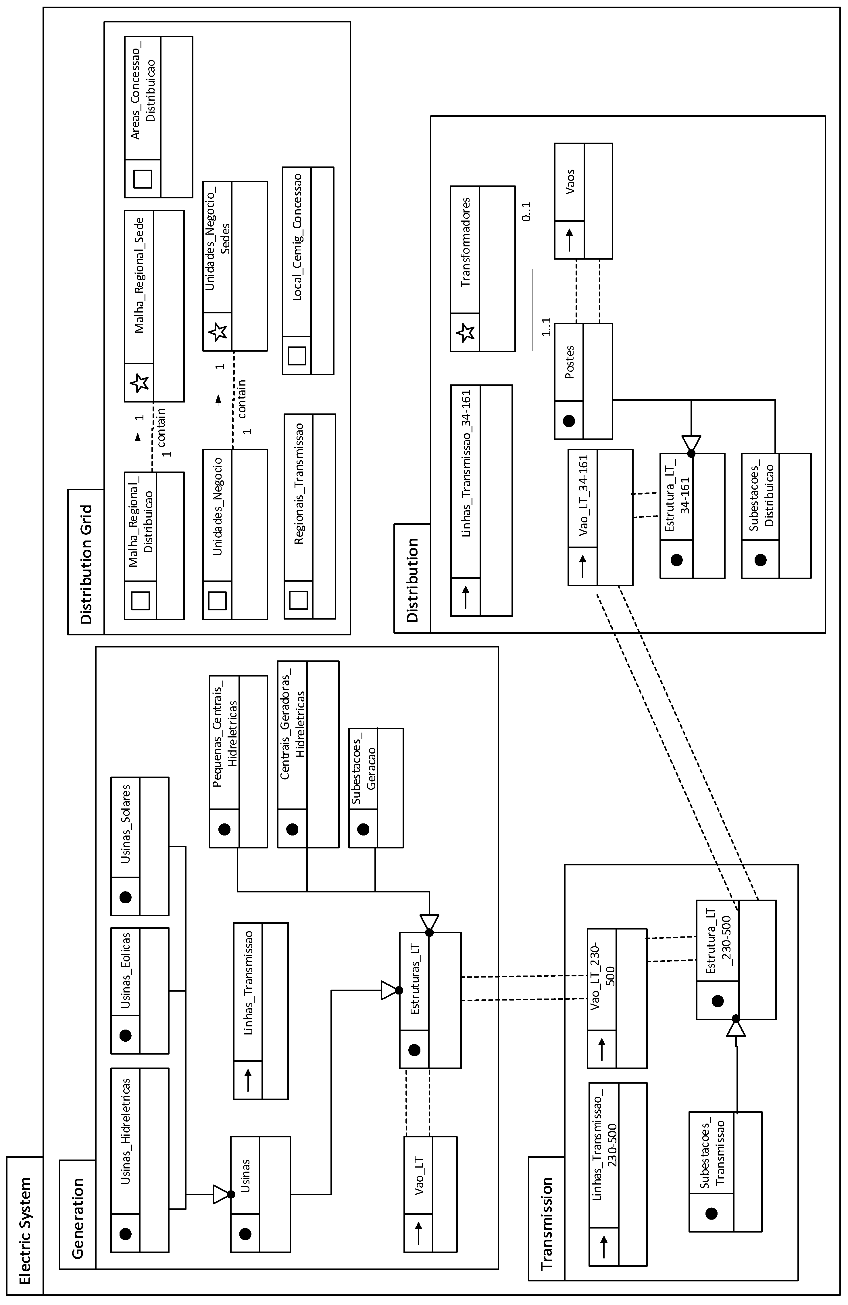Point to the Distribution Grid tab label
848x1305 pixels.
point(86,563)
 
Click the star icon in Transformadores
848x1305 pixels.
point(465,332)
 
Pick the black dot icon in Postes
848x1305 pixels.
point(569,421)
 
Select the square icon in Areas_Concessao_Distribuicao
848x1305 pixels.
point(143,179)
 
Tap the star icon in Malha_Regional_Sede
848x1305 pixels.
point(139,383)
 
